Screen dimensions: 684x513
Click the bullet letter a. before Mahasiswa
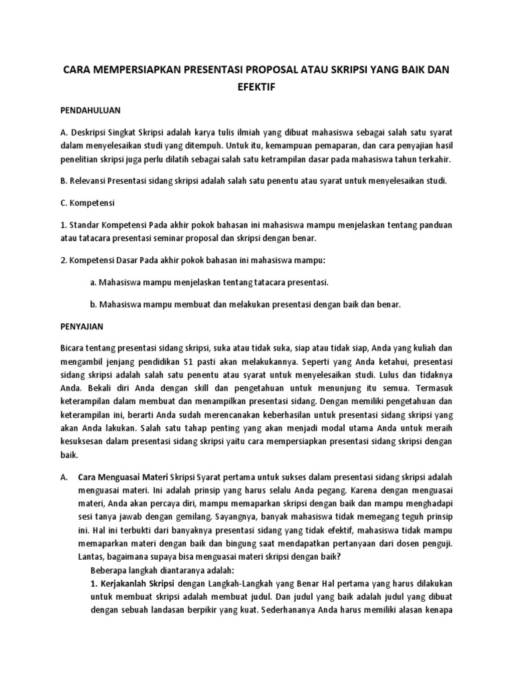click(x=94, y=283)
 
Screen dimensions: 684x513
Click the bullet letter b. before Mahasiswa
click(x=94, y=304)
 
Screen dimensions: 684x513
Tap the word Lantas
click(x=94, y=556)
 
